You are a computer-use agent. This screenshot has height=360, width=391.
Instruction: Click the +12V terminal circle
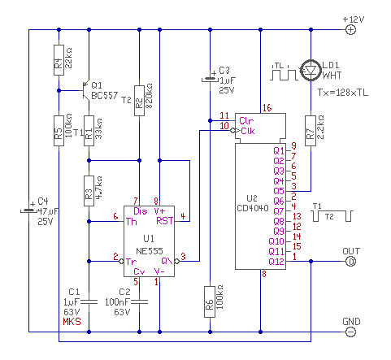click(350, 29)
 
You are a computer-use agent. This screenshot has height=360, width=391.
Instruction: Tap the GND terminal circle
click(350, 332)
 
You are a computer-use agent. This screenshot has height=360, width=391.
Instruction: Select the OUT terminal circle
click(350, 262)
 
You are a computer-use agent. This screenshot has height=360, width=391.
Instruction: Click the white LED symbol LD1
click(311, 70)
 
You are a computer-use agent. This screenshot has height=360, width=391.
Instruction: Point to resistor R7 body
click(311, 131)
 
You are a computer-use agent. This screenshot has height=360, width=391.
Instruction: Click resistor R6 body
click(210, 301)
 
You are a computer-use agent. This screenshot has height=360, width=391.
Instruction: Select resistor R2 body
click(139, 101)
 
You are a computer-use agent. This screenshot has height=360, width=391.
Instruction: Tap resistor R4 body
click(59, 60)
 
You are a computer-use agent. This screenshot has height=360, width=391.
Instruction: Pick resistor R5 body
click(59, 131)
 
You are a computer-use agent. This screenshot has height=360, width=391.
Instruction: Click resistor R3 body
click(89, 191)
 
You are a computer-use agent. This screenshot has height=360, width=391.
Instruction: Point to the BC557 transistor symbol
click(86, 90)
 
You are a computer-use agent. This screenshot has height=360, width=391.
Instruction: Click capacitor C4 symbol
click(28, 210)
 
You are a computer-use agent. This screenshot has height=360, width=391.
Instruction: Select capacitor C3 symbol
click(210, 79)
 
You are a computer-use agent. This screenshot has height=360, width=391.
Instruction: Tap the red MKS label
click(72, 322)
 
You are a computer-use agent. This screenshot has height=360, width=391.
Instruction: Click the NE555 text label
click(150, 251)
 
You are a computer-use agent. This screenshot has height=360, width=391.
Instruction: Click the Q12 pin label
click(276, 262)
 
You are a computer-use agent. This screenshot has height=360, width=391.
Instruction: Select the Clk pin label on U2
click(248, 131)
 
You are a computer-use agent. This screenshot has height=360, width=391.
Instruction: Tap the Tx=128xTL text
click(343, 93)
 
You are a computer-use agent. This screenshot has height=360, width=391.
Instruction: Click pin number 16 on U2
click(267, 108)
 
